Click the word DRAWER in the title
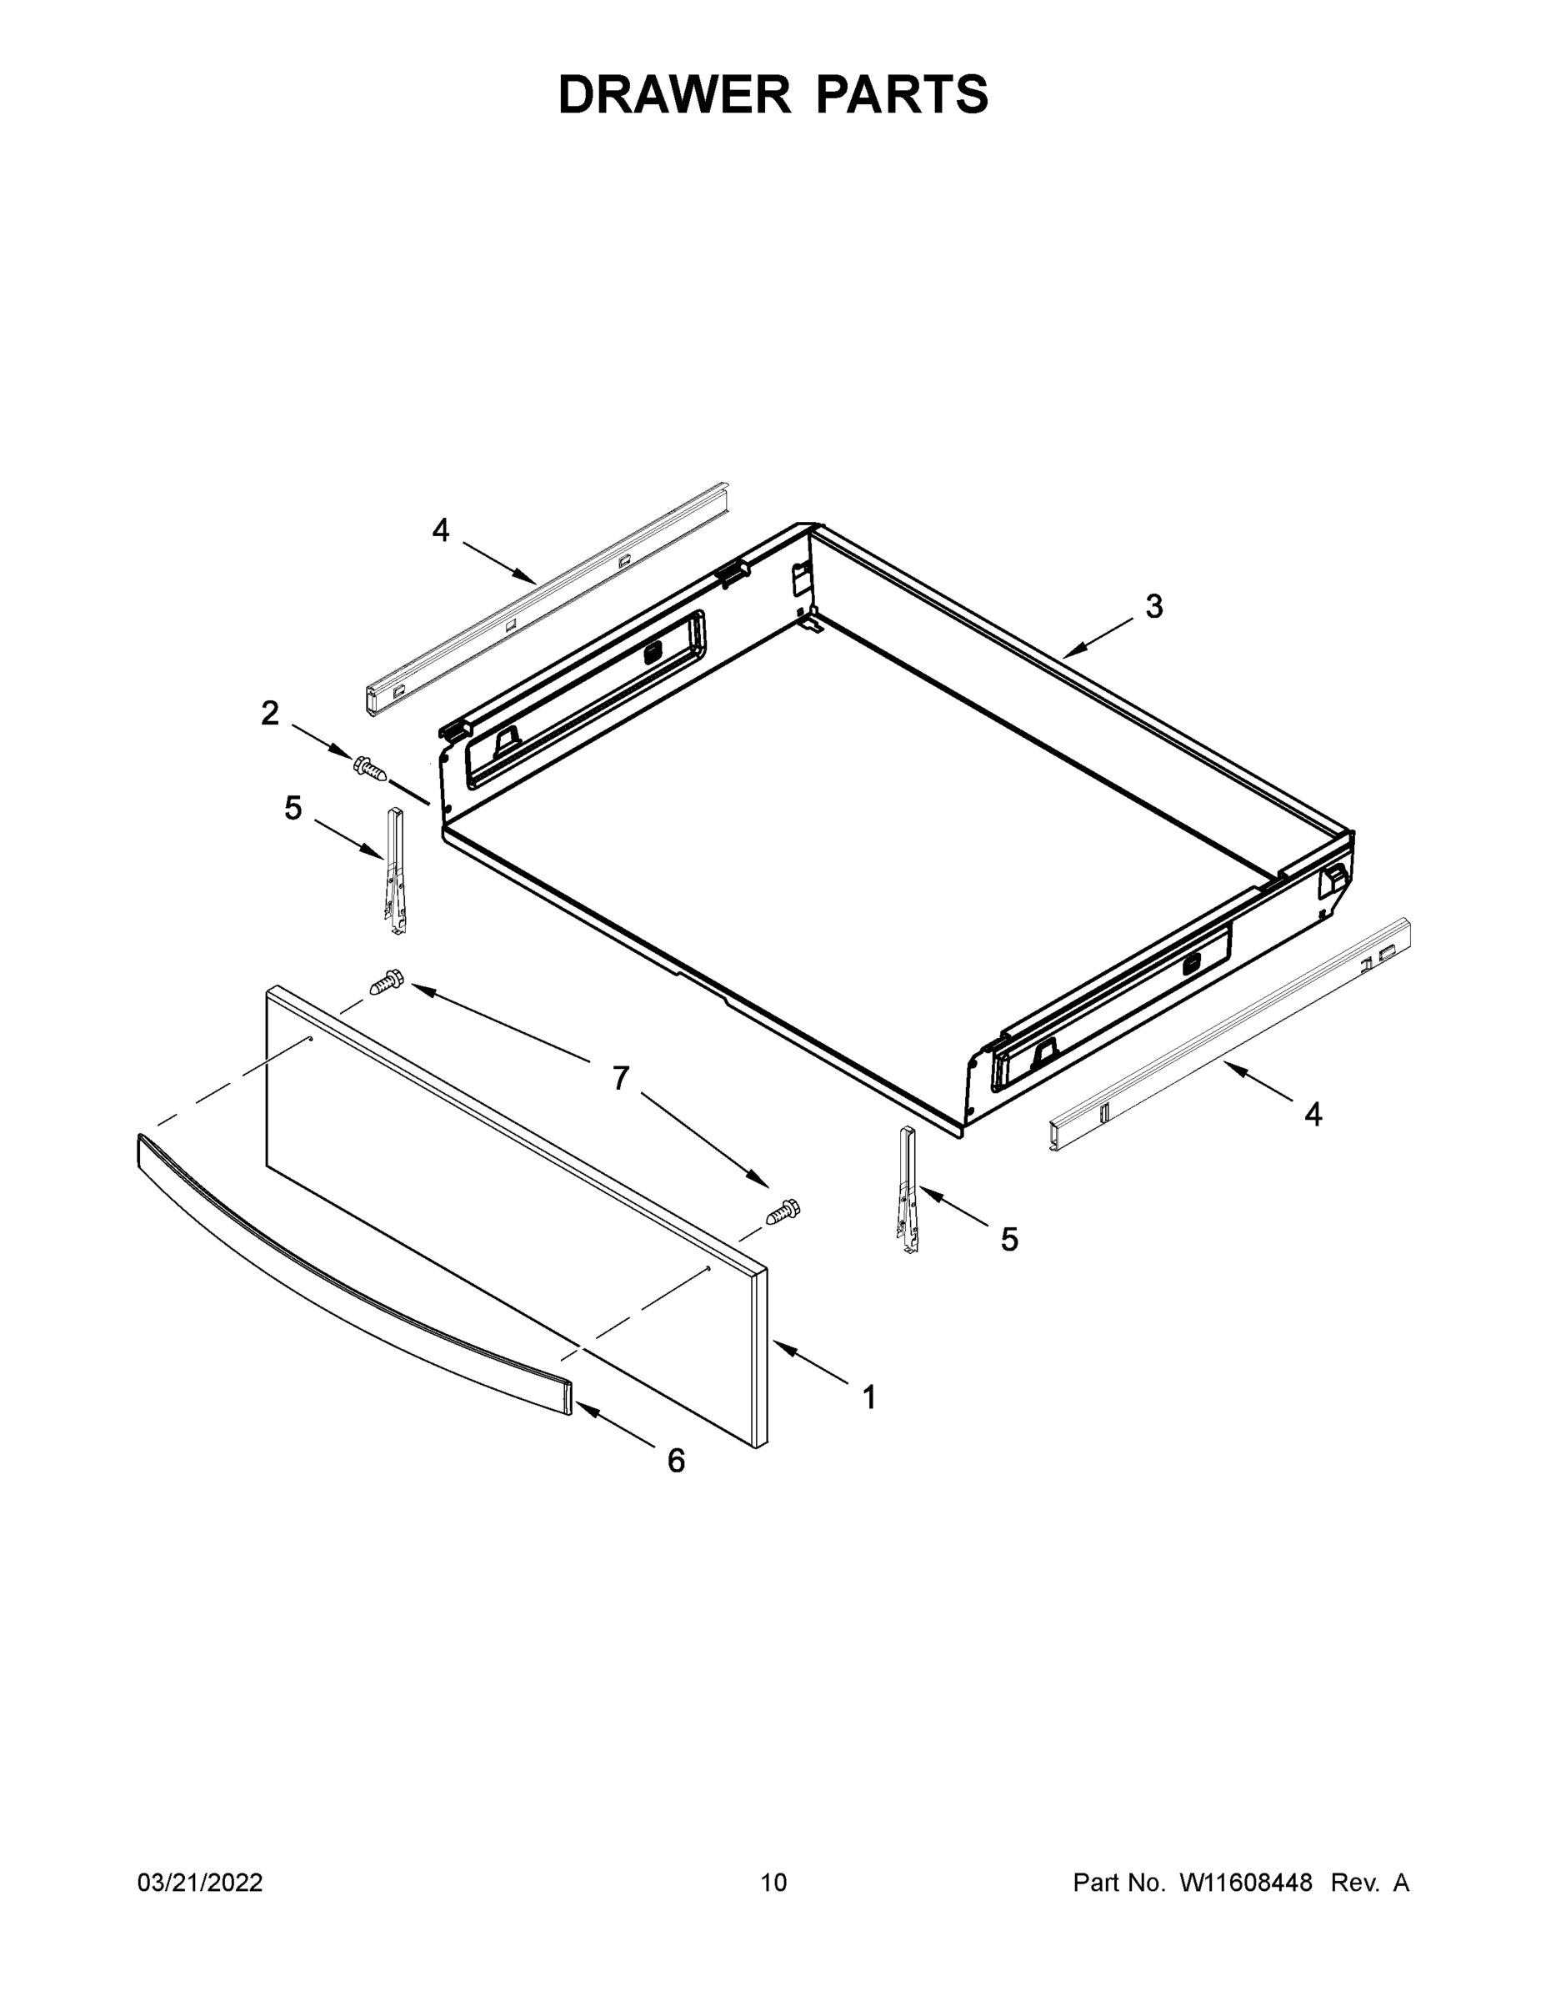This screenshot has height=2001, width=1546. pyautogui.click(x=673, y=95)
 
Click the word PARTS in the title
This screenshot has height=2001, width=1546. pyautogui.click(x=901, y=95)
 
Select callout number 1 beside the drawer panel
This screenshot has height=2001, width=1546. pyautogui.click(x=869, y=1397)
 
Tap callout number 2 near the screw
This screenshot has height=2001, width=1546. pyautogui.click(x=269, y=713)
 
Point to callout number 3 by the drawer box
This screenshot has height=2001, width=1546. pyautogui.click(x=1154, y=605)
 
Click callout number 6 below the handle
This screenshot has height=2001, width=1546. pyautogui.click(x=676, y=1461)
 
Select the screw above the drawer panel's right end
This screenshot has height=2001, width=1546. pyautogui.click(x=783, y=1212)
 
